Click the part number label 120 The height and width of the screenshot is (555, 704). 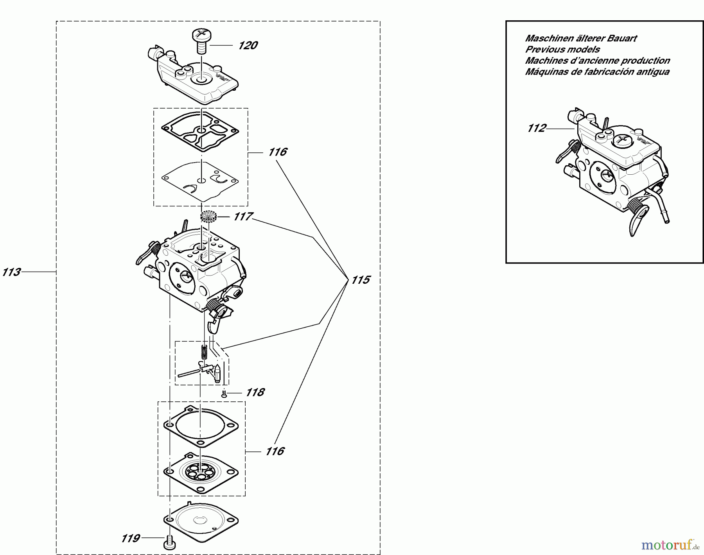coord(248,46)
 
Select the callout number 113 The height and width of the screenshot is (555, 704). coord(11,272)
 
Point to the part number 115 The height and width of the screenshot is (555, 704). coord(360,280)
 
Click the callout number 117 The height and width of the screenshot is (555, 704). coord(243,217)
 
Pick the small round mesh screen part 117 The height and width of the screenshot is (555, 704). coord(208,216)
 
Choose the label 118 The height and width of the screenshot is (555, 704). coord(255,392)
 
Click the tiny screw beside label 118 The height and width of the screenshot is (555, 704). coord(224,395)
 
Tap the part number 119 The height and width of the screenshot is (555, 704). coord(130,539)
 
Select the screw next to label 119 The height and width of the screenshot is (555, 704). coord(169,542)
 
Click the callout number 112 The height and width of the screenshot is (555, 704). coord(536,128)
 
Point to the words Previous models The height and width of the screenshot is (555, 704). coord(562,50)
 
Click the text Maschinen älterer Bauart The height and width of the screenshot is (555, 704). coord(580,38)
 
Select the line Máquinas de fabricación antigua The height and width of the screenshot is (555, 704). coord(597,72)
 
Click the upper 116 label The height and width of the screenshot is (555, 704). coord(277,152)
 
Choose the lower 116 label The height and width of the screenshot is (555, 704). coord(274,451)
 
